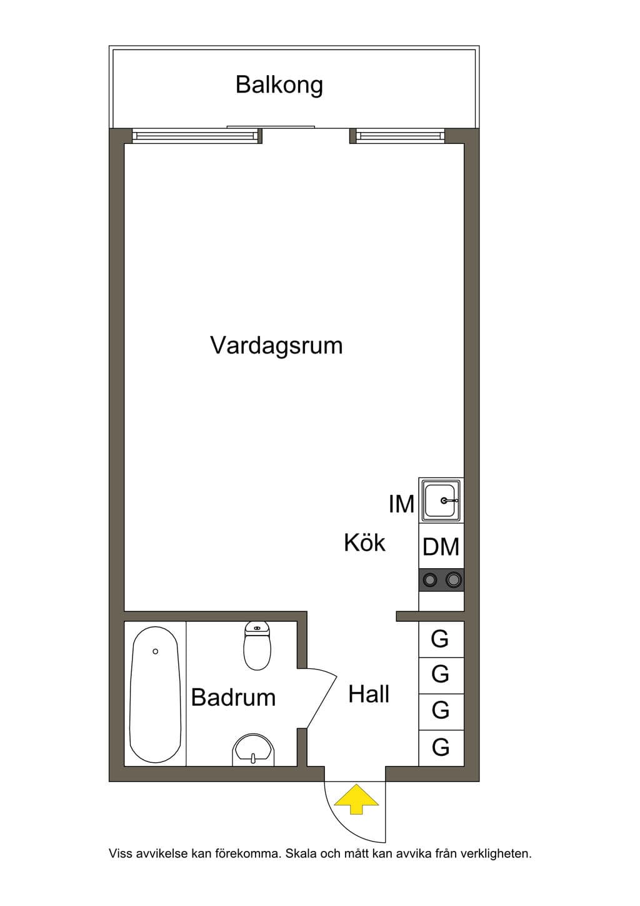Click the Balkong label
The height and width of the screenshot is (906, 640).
pos(279,85)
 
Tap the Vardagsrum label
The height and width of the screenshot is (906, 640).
pos(276,346)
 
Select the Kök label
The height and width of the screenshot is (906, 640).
pos(364,542)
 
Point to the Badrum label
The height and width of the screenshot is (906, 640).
pos(234,697)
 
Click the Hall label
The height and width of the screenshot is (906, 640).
pos(369,694)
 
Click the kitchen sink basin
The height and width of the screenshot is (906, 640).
pos(441,500)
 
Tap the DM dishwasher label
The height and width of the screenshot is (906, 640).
pos(441,547)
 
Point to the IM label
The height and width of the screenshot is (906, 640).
pos(402,504)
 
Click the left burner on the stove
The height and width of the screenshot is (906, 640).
pos(429,580)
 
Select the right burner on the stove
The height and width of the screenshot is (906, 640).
pos(453,579)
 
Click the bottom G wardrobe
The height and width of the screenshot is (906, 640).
pos(441,748)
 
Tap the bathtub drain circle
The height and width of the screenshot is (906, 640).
pos(155,651)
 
